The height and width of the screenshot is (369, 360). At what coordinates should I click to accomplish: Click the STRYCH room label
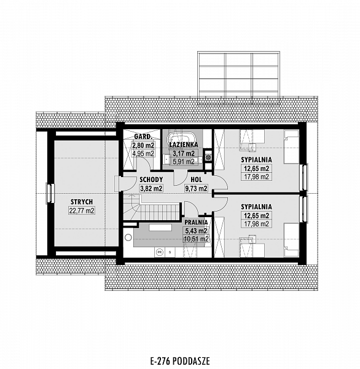82,202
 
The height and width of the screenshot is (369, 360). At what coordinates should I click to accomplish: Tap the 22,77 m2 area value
82,210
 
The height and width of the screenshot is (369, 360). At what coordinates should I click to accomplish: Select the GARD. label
143,137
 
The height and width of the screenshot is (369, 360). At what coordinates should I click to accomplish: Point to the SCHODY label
151,180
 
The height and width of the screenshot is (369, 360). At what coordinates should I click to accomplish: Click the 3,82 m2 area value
151,188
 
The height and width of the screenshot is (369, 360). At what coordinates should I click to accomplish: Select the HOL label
196,180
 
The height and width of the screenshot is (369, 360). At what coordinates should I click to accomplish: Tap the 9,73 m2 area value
197,188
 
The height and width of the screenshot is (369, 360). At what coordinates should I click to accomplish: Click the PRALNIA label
196,223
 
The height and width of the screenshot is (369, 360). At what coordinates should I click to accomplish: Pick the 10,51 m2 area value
196,239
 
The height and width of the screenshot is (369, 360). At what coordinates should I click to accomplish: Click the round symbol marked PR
160,252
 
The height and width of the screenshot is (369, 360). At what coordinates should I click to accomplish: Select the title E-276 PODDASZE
180,360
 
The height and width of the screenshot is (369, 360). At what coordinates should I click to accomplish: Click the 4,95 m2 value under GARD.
143,154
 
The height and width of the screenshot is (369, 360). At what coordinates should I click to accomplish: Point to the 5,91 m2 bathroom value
184,162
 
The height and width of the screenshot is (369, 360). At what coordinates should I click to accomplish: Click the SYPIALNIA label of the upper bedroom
256,160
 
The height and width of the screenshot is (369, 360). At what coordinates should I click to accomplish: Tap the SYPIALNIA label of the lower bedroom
256,207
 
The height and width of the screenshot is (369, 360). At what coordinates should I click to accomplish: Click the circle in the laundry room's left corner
128,237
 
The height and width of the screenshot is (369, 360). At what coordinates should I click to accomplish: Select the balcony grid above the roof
238,77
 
